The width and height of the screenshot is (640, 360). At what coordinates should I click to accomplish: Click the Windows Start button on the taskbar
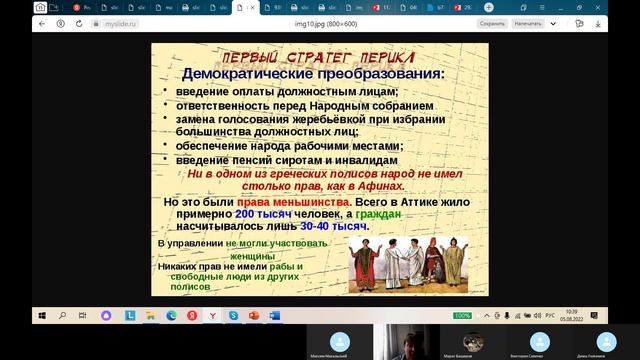(41, 316)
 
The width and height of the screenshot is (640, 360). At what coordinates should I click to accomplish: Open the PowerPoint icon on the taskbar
(254, 316)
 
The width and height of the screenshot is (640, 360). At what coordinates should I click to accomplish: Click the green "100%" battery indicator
(463, 316)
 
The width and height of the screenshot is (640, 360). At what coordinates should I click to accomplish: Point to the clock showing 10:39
(570, 312)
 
